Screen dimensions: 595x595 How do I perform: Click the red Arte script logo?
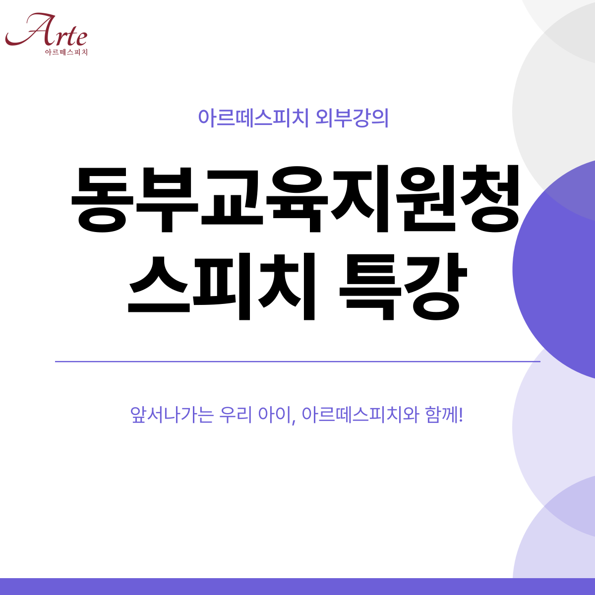pyautogui.click(x=46, y=30)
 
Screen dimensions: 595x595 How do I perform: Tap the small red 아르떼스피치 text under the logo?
pyautogui.click(x=66, y=52)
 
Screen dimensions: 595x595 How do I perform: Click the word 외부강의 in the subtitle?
pyautogui.click(x=352, y=118)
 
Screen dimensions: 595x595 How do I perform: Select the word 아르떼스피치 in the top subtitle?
pyautogui.click(x=253, y=118)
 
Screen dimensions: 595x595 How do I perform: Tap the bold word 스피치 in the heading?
pyautogui.click(x=221, y=286)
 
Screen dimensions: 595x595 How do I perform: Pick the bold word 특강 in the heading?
pyautogui.click(x=403, y=286)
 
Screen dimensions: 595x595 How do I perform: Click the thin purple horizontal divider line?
pyautogui.click(x=297, y=361)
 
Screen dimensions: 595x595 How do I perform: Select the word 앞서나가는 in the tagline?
pyautogui.click(x=172, y=415)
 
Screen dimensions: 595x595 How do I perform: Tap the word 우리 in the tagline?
pyautogui.click(x=236, y=415)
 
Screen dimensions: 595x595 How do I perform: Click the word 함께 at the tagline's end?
pyautogui.click(x=442, y=415)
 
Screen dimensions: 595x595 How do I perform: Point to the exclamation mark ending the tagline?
pyautogui.click(x=461, y=415)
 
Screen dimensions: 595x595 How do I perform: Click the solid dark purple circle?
pyautogui.click(x=556, y=269)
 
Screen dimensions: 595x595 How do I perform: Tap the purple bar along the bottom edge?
pyautogui.click(x=297, y=587)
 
